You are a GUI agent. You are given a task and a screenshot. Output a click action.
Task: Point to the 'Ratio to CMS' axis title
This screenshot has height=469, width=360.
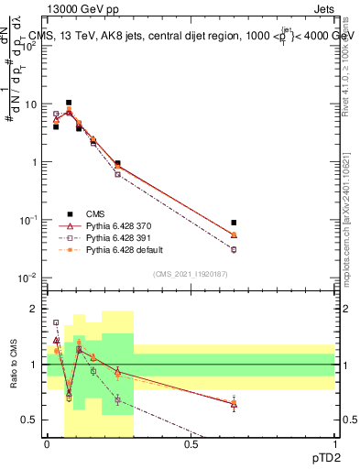tap(14, 365)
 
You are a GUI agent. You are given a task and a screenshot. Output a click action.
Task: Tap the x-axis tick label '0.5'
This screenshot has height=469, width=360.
tap(191, 444)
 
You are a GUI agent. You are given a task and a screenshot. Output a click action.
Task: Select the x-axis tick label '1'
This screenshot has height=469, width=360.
tap(334, 444)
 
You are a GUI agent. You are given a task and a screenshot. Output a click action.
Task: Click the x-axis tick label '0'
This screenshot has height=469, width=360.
tap(47, 444)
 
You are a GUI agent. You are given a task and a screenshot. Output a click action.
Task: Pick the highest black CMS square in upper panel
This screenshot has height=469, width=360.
tap(68, 103)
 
